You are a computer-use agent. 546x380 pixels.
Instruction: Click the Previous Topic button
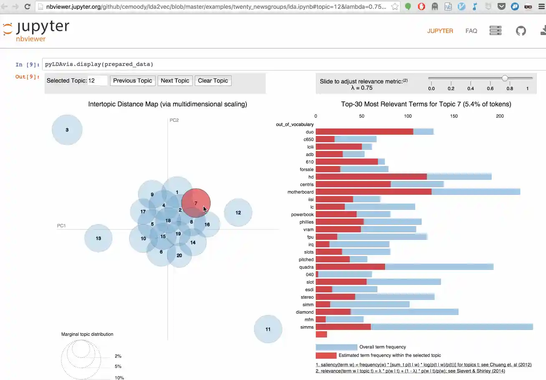point(133,81)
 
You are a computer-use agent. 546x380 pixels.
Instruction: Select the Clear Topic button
point(213,81)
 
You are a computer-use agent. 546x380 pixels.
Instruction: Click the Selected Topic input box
point(98,81)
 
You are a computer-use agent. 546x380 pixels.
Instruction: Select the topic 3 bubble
point(67,130)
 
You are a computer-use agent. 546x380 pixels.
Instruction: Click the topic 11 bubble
point(268,329)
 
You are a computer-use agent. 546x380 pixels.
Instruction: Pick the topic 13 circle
point(98,239)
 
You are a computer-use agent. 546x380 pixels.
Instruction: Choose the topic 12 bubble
point(238,213)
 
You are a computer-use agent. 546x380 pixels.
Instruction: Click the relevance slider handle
point(505,78)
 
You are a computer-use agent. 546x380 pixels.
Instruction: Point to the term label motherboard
point(300,192)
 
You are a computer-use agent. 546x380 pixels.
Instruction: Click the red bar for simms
point(343,327)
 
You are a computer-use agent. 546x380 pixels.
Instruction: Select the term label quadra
point(307,267)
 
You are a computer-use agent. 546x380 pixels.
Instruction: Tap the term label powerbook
point(302,214)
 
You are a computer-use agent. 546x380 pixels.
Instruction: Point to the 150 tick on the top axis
point(454,116)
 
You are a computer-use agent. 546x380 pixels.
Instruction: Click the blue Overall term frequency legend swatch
point(336,347)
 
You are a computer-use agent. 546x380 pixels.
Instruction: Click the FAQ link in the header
point(471,31)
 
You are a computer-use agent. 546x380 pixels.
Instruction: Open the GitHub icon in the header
point(521,31)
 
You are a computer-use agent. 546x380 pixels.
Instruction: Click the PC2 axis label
point(174,120)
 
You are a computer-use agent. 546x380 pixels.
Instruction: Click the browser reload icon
point(28,7)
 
